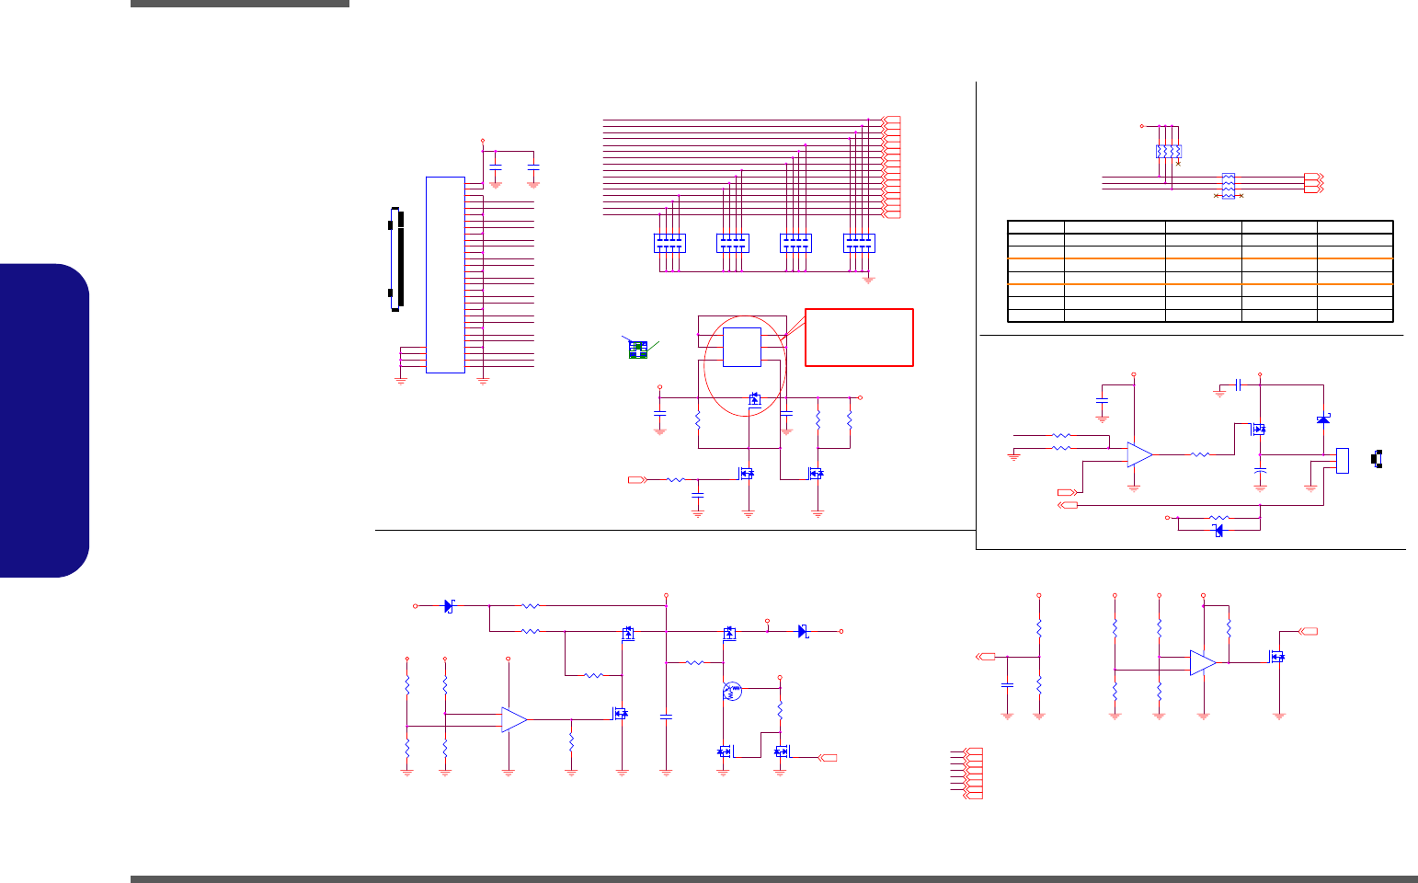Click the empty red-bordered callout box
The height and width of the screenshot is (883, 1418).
point(859,338)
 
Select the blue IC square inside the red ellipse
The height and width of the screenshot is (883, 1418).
point(741,347)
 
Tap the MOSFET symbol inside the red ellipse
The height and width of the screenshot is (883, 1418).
point(755,398)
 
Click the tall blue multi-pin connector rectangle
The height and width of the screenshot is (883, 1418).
point(445,274)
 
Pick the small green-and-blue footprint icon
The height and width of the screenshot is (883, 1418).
point(637,350)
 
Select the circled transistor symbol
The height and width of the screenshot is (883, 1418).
point(733,690)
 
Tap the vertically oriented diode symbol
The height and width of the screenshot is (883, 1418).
point(1322,419)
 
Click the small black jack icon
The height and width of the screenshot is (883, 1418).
point(1377,458)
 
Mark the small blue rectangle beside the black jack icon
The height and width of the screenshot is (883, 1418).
point(1342,460)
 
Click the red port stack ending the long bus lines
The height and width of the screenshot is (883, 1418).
point(890,167)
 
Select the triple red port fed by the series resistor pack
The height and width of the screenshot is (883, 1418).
point(1313,182)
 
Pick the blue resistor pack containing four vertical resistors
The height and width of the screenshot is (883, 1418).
point(1168,151)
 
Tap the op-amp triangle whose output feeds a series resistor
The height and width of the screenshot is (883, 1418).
point(1139,454)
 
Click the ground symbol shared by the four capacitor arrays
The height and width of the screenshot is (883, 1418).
point(868,278)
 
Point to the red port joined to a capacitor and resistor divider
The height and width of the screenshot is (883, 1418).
point(984,657)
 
